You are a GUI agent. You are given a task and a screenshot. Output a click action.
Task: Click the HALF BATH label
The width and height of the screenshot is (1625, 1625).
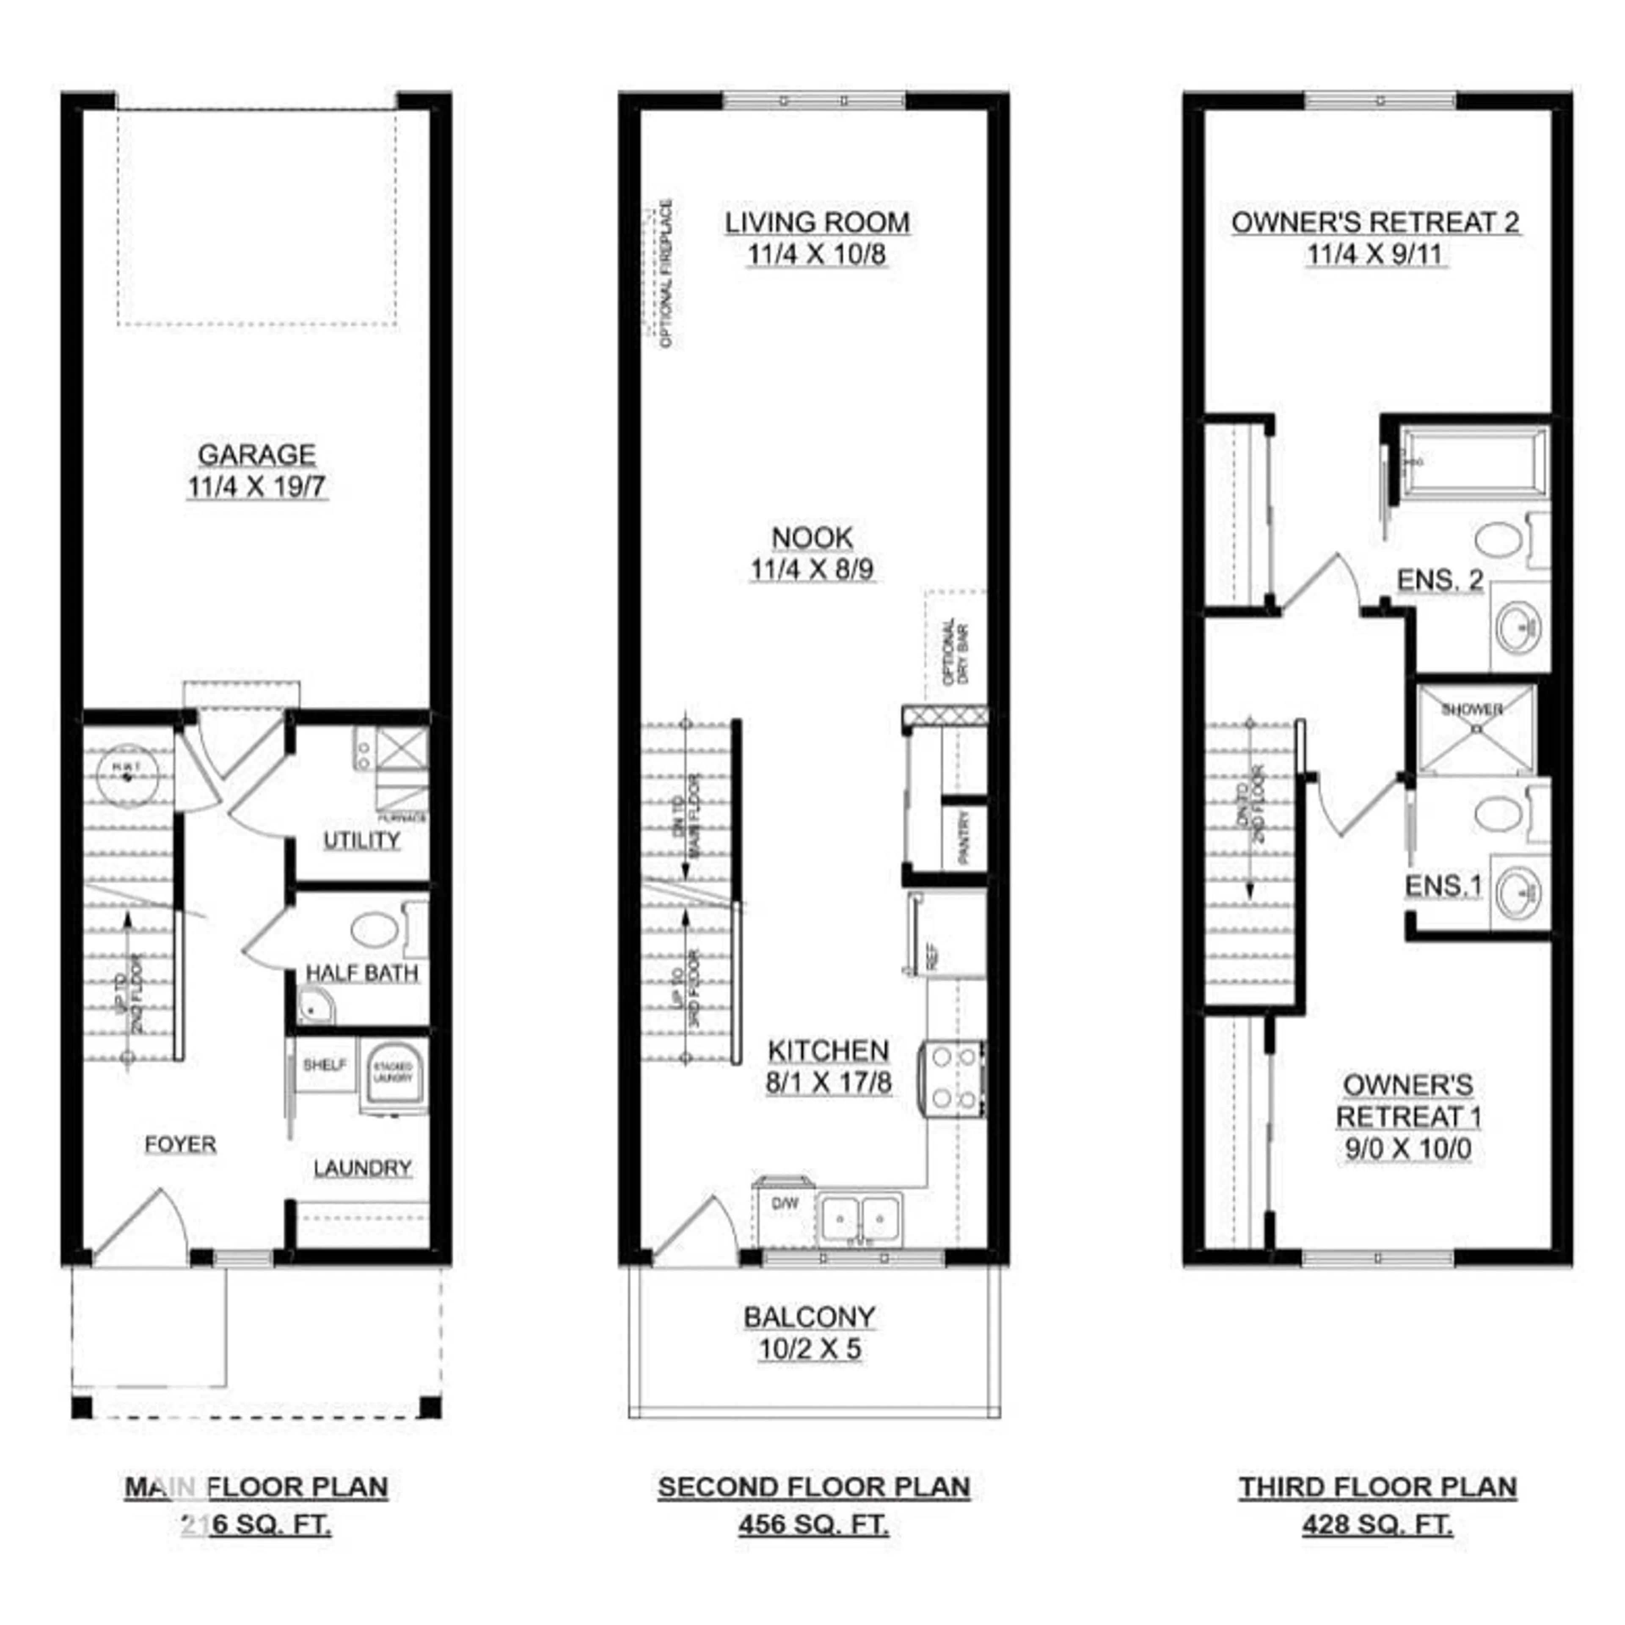[x=362, y=973]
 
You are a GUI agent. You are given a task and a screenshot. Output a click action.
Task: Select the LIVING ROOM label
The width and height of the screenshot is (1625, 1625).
[x=817, y=223]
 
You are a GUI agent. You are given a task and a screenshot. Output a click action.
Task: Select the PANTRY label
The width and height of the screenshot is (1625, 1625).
[x=964, y=837]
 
